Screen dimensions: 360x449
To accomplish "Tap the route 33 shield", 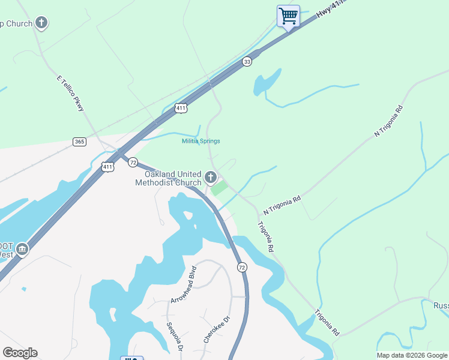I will click(x=247, y=62).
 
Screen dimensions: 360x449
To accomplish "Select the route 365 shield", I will click(x=79, y=142).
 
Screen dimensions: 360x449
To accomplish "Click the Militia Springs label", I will click(x=201, y=142).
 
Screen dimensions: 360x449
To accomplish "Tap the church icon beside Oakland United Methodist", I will click(x=210, y=177).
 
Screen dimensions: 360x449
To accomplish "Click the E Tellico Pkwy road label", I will click(x=71, y=94).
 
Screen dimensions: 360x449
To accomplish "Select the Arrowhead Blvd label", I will click(x=183, y=284).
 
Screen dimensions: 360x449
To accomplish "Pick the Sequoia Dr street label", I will click(x=174, y=337).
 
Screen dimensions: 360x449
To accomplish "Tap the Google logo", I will click(x=20, y=353).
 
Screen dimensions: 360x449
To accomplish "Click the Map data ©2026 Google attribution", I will click(x=412, y=355).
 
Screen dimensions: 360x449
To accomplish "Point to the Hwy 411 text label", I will click(x=332, y=11).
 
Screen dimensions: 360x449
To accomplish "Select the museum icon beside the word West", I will click(x=22, y=249).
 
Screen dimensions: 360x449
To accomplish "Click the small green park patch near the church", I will click(x=219, y=188).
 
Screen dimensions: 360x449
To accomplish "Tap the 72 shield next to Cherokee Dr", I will click(x=241, y=266).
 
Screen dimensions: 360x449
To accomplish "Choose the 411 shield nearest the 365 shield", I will click(x=107, y=167).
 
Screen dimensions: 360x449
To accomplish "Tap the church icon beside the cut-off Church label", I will click(x=41, y=23).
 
